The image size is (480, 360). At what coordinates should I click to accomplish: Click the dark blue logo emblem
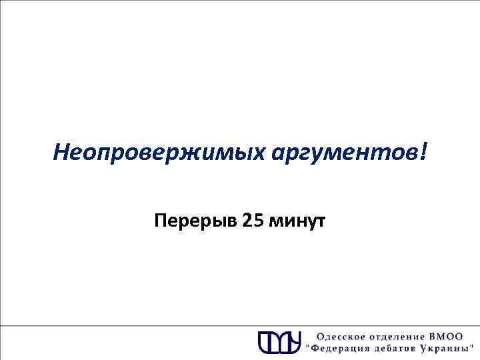point(279,341)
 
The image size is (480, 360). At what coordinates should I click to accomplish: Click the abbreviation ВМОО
point(453,336)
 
